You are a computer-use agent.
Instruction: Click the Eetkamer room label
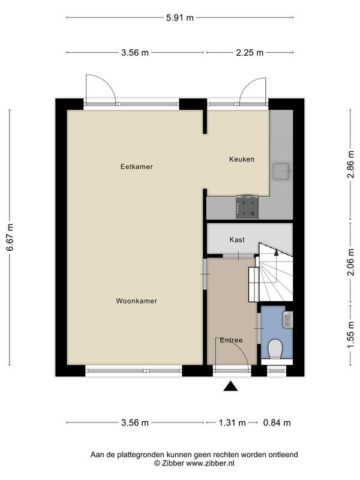pyautogui.click(x=137, y=167)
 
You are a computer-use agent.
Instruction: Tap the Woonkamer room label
pyautogui.click(x=137, y=301)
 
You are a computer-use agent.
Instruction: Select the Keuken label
pyautogui.click(x=242, y=159)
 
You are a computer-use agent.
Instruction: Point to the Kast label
pyautogui.click(x=237, y=239)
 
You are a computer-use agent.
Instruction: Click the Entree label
pyautogui.click(x=231, y=340)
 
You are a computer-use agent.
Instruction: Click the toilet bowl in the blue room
pyautogui.click(x=275, y=349)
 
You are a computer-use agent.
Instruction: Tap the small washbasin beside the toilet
pyautogui.click(x=288, y=320)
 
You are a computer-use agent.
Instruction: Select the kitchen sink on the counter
pyautogui.click(x=281, y=172)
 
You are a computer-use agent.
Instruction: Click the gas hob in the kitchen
pyautogui.click(x=247, y=207)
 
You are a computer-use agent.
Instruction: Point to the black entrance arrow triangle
pyautogui.click(x=231, y=386)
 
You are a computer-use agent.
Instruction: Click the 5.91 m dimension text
pyautogui.click(x=180, y=18)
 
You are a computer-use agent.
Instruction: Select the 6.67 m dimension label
pyautogui.click(x=10, y=237)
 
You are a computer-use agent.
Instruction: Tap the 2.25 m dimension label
pyautogui.click(x=250, y=53)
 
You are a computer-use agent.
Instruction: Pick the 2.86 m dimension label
pyautogui.click(x=351, y=164)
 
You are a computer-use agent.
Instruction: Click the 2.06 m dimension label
pyautogui.click(x=351, y=262)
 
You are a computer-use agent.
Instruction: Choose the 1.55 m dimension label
pyautogui.click(x=351, y=335)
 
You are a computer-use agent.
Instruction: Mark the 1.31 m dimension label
pyautogui.click(x=232, y=423)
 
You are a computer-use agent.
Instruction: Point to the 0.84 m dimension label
pyautogui.click(x=277, y=423)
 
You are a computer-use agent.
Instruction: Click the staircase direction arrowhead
pyautogui.click(x=277, y=252)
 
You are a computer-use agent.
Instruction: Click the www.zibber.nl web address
pyautogui.click(x=211, y=463)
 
